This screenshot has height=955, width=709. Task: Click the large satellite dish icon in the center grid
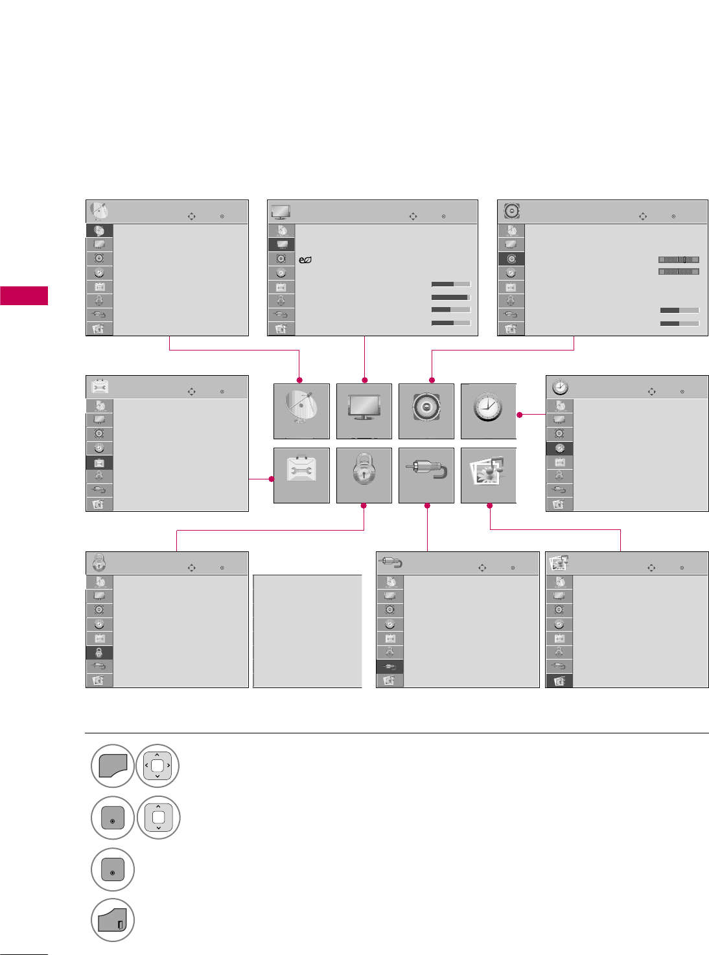[301, 411]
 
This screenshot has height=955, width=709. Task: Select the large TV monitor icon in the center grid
[364, 411]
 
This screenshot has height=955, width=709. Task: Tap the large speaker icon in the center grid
[426, 411]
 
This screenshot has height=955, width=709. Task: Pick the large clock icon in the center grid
[488, 411]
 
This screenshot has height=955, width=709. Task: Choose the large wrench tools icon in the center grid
[301, 475]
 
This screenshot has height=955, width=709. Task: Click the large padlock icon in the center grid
[364, 475]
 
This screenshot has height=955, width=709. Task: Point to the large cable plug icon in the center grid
[426, 475]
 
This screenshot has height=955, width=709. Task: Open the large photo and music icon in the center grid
[488, 475]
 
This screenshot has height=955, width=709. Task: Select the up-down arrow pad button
[158, 818]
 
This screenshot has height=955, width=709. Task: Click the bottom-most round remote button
[113, 920]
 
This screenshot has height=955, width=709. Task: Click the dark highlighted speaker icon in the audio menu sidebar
[511, 259]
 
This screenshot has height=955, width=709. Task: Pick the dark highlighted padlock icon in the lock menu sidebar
[99, 653]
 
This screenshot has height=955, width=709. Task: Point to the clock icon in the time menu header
[560, 387]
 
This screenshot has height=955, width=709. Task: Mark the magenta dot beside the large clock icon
[520, 415]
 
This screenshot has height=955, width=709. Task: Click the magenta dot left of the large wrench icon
[272, 479]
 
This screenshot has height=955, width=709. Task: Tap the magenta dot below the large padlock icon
[364, 505]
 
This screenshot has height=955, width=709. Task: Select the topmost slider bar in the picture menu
[450, 284]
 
